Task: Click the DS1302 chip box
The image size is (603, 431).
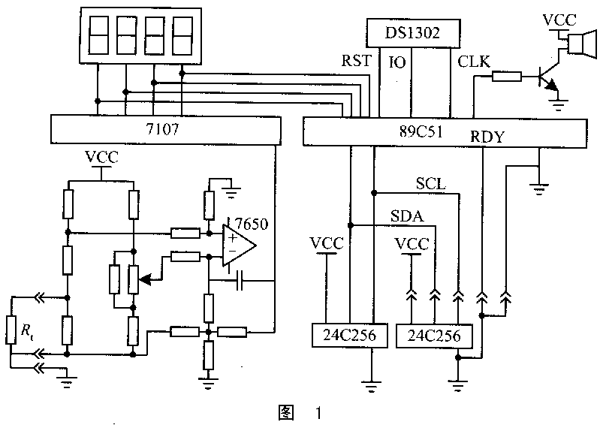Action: coord(412,33)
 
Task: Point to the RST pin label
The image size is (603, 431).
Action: coord(356,62)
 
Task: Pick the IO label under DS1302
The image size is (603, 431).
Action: coord(398,62)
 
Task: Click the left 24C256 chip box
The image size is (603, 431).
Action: coord(345,335)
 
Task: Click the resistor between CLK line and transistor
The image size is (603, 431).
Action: coord(508,75)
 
